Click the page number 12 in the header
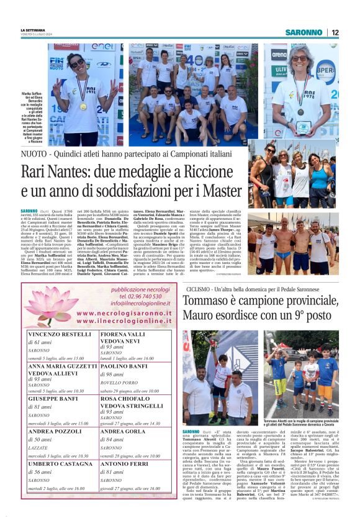[x=335, y=32]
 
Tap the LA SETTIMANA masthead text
[x=32, y=30]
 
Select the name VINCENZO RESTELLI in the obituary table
[x=60, y=334]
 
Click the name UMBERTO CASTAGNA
[x=59, y=463]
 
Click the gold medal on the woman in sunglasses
[x=84, y=106]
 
